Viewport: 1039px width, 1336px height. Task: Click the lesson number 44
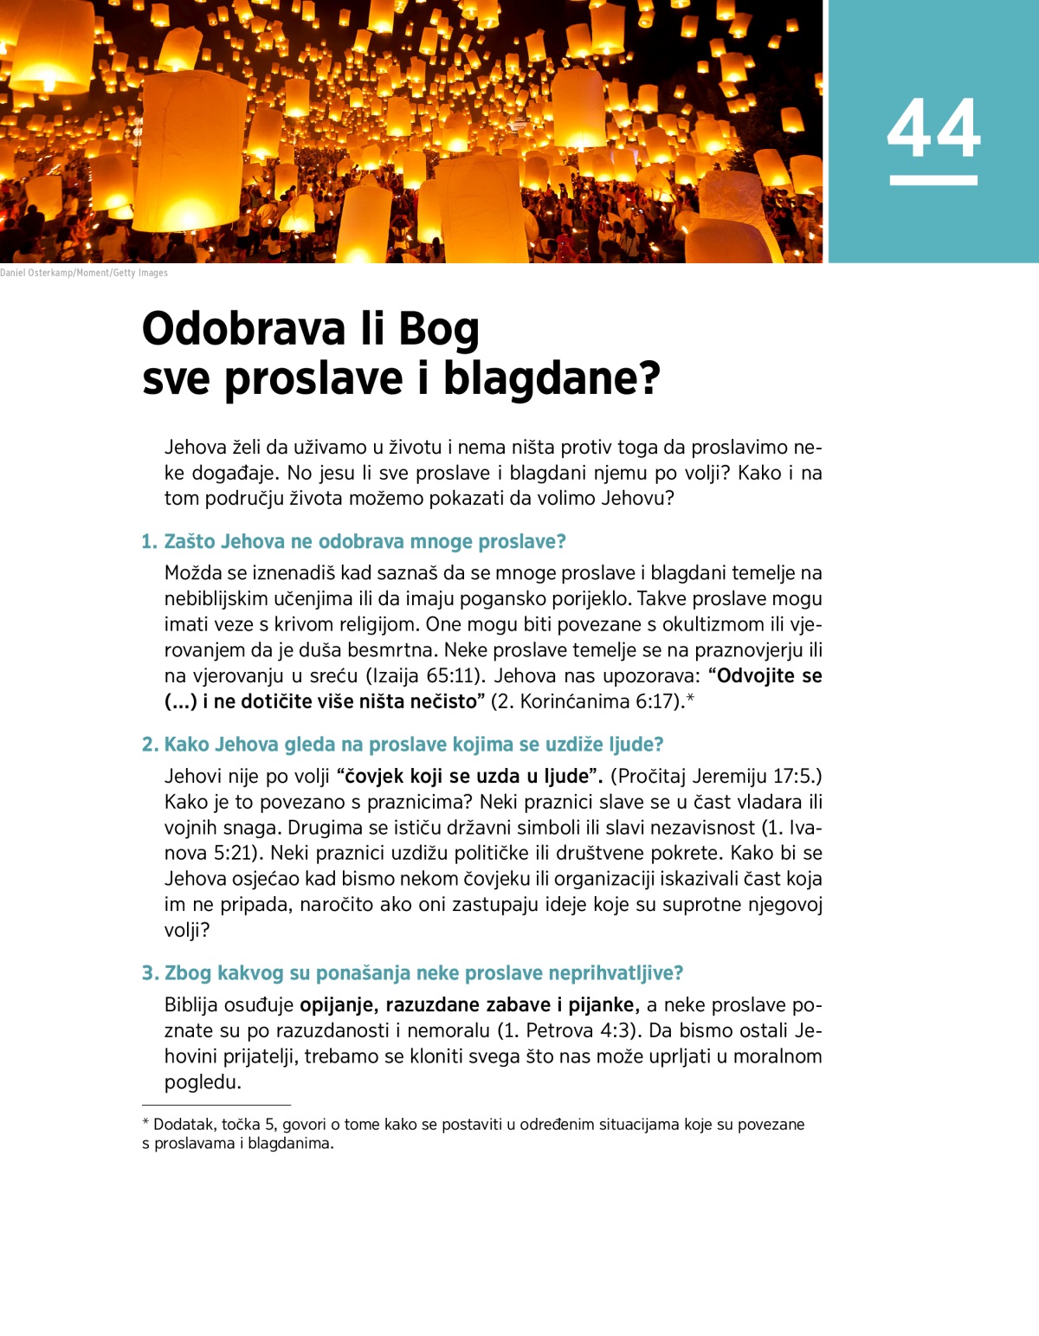point(933,128)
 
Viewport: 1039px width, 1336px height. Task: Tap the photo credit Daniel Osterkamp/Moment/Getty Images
point(84,273)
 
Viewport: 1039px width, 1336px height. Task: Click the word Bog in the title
point(438,329)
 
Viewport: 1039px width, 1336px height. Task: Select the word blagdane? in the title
point(552,378)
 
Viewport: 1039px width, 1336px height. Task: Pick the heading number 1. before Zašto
point(150,542)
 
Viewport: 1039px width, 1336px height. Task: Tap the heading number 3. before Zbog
point(150,973)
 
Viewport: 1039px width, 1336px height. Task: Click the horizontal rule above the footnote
point(216,1106)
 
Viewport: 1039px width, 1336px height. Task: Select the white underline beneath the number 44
point(933,180)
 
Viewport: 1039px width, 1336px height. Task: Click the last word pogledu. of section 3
point(203,1082)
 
